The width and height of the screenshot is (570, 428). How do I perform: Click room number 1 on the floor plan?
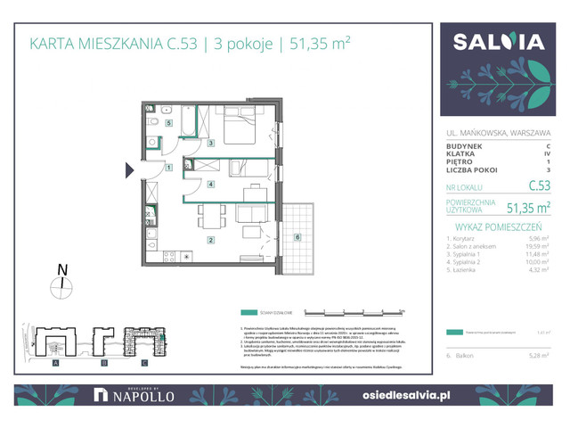pyautogui.click(x=169, y=168)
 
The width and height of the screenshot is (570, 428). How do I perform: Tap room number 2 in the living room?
pyautogui.click(x=210, y=240)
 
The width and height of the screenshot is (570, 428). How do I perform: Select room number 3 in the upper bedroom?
pyautogui.click(x=210, y=143)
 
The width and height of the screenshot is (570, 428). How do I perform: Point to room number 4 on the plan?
pyautogui.click(x=210, y=185)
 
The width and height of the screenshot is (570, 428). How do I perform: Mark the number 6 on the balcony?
pyautogui.click(x=297, y=237)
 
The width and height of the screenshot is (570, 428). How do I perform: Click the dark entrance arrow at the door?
pyautogui.click(x=130, y=169)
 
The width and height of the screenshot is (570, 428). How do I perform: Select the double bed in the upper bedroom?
pyautogui.click(x=238, y=130)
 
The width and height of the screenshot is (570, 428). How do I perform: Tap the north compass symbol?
pyautogui.click(x=61, y=284)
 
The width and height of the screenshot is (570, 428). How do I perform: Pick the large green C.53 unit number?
pyautogui.click(x=538, y=186)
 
